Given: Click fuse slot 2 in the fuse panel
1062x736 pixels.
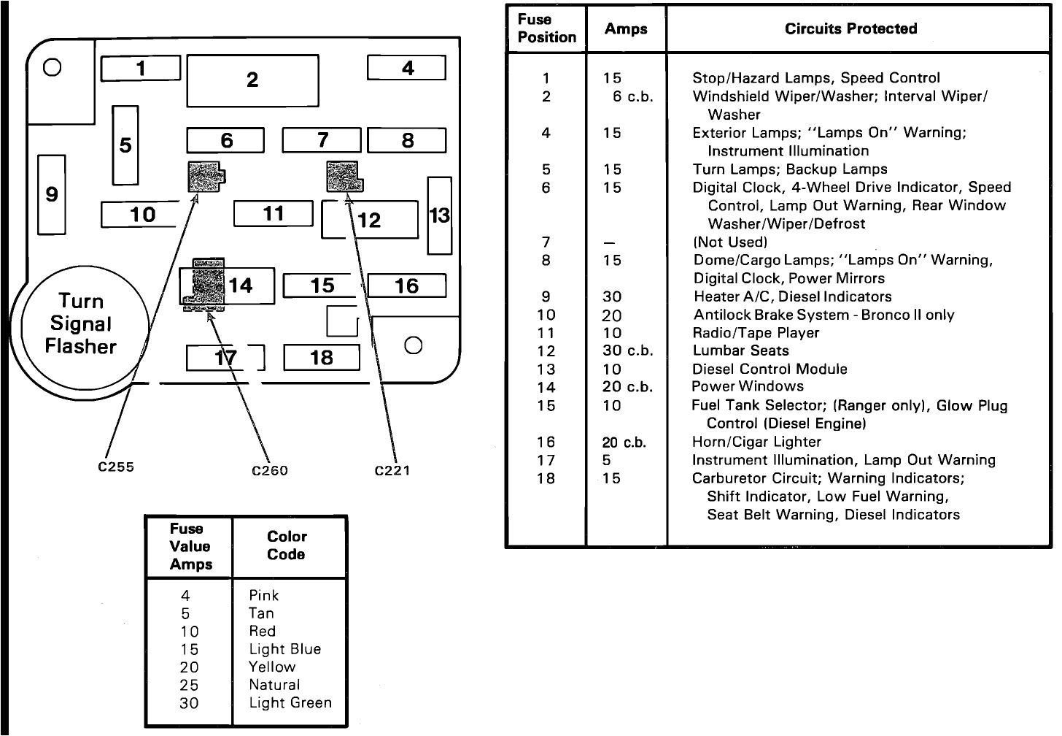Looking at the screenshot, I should tap(252, 80).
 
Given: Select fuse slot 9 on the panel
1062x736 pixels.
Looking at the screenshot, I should tap(51, 194).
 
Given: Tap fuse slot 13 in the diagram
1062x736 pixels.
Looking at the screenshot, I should tap(439, 215).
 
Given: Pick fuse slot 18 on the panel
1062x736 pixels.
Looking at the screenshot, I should tap(321, 358).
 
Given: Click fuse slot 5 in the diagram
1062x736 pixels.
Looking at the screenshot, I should tap(125, 145).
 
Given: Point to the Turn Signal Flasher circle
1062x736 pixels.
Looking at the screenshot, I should tap(81, 324).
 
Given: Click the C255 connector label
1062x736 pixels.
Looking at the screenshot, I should tap(116, 467).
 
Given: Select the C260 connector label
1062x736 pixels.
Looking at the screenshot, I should tap(270, 471).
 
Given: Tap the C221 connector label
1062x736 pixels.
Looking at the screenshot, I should tap(392, 471).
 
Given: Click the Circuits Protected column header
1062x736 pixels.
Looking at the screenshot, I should tap(850, 29).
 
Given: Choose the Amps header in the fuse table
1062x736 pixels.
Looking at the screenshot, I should tap(626, 29).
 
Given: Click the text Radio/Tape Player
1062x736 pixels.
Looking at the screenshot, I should tap(756, 333).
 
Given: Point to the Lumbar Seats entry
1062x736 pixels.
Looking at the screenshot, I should tap(740, 350).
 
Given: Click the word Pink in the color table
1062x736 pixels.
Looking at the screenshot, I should tap(264, 596).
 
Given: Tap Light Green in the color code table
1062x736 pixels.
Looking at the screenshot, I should tap(290, 703).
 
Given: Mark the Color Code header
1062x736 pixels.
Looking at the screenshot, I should tap(287, 545).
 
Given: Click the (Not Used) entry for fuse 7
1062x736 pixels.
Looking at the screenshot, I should tap(730, 242).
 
